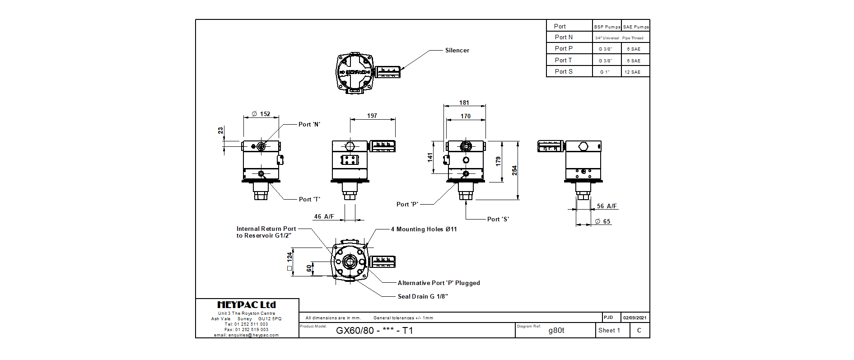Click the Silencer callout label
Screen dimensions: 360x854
(x=457, y=50)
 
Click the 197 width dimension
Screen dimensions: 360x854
(x=372, y=116)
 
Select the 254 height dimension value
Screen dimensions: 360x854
(x=514, y=170)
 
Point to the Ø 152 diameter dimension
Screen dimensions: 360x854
(x=261, y=114)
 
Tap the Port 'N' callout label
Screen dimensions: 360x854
(x=309, y=124)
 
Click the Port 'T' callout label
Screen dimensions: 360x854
(x=309, y=199)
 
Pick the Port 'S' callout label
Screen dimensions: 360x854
(x=498, y=219)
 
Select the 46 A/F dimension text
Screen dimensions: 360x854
(x=324, y=216)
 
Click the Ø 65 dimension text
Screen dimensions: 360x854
(x=602, y=221)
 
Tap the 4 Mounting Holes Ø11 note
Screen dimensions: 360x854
(x=424, y=229)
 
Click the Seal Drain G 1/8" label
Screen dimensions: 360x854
(x=423, y=296)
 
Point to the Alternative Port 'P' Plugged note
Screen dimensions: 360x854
(x=439, y=283)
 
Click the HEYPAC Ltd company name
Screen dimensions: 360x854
(x=247, y=305)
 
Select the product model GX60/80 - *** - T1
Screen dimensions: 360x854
(x=374, y=330)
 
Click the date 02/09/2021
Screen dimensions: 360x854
(x=635, y=318)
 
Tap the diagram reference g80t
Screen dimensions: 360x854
(x=556, y=330)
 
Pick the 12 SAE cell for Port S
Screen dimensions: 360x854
(x=632, y=72)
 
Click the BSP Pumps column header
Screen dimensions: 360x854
(x=607, y=27)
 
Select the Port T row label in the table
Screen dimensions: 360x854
(x=563, y=60)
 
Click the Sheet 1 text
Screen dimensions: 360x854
(x=609, y=330)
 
